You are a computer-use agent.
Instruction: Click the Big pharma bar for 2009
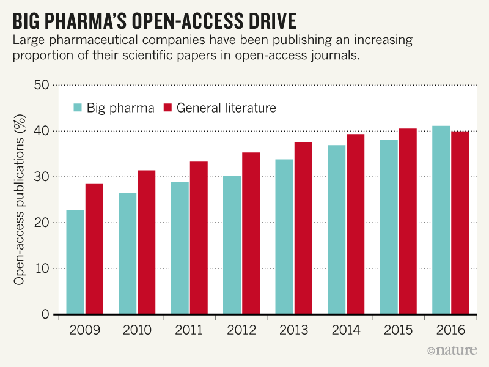coord(75,262)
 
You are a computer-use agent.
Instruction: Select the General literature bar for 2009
coord(94,249)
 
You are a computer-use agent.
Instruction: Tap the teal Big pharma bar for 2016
coord(441,220)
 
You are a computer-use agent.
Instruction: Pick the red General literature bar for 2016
coord(460,223)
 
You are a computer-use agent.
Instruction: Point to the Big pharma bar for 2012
coord(232,245)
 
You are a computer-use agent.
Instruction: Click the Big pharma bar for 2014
coord(337,230)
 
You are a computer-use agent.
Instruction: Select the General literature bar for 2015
coord(408,221)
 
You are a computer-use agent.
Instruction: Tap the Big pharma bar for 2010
coord(128,254)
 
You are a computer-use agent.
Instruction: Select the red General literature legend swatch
coord(168,108)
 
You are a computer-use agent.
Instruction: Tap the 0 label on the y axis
coord(45,314)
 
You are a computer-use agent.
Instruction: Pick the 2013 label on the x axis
coord(294,331)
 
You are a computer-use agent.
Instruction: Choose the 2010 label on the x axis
coord(137,331)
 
